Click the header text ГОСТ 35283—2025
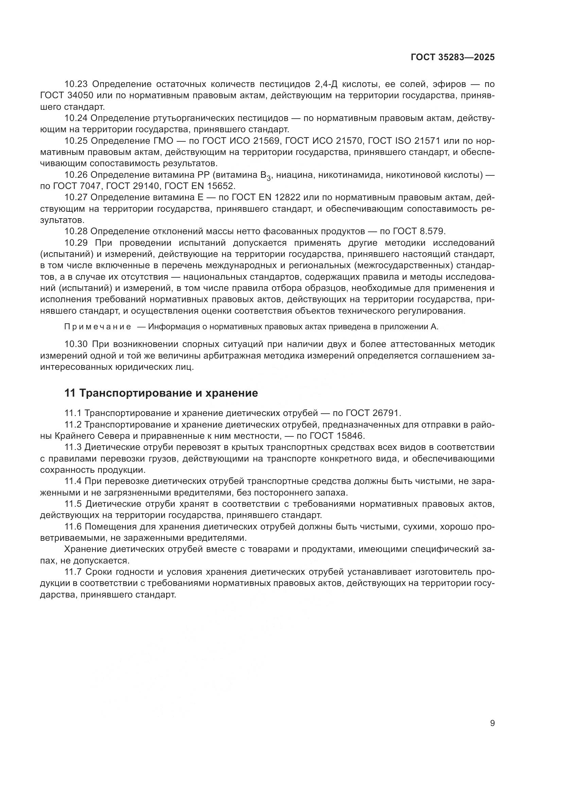453,57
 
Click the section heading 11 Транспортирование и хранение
161,393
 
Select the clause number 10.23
76,84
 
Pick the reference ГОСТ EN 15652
200,186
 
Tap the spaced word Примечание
98,327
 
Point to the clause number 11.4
73,481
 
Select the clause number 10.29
76,242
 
